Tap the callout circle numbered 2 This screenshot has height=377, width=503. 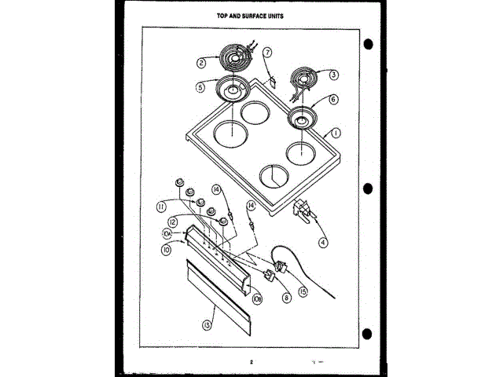[x=201, y=62]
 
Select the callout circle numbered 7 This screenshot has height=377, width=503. [x=267, y=53]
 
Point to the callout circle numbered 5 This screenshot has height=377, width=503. [x=201, y=87]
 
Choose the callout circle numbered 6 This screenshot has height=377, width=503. [x=333, y=100]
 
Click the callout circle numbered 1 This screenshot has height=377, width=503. [x=336, y=134]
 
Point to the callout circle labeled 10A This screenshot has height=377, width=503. [x=167, y=234]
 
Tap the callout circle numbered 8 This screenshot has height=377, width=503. [x=286, y=297]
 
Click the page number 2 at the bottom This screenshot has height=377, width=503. [x=251, y=362]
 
